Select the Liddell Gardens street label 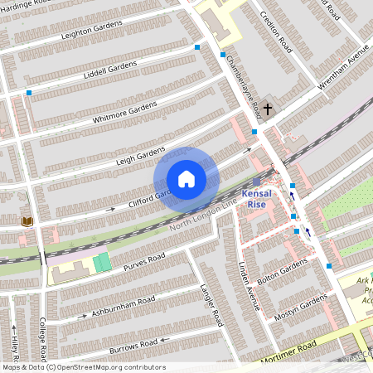pyautogui.click(x=110, y=70)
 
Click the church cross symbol pyautogui.click(x=269, y=109)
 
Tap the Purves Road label pyautogui.click(x=144, y=261)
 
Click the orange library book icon pyautogui.click(x=27, y=221)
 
